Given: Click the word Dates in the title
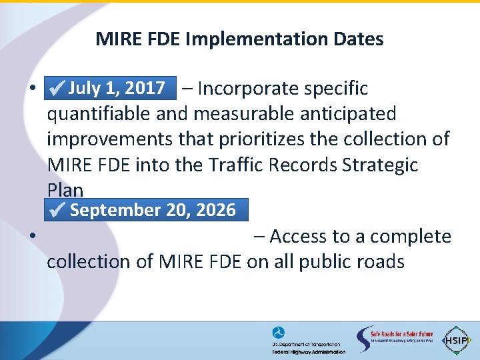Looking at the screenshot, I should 361,39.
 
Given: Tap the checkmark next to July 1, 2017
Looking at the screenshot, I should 57,89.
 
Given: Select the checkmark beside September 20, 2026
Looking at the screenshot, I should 59,211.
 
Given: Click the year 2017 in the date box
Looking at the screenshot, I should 145,88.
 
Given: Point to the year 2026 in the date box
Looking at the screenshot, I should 215,210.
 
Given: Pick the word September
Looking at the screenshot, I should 111,210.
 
